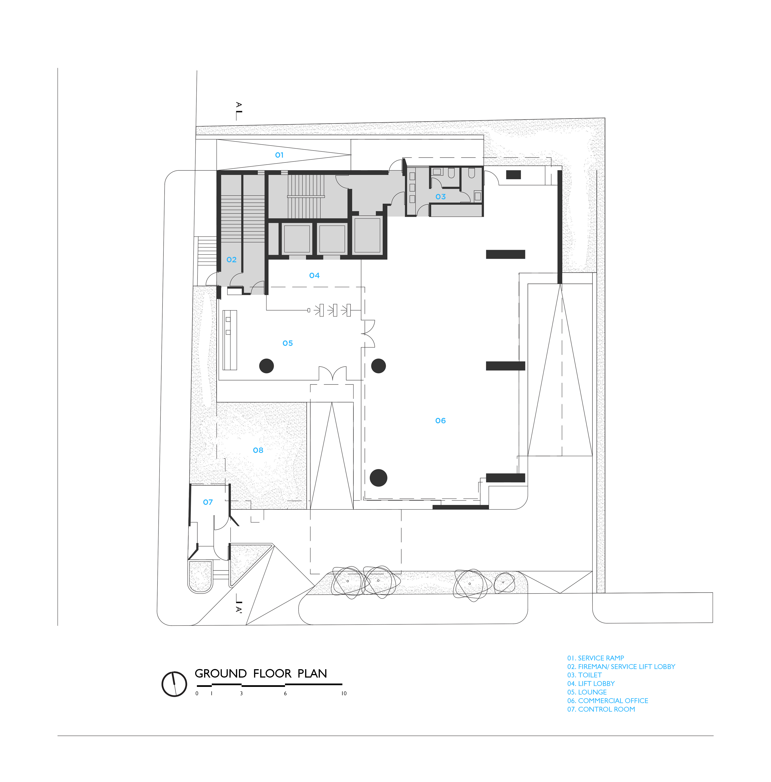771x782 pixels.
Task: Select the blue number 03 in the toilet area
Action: tap(441, 197)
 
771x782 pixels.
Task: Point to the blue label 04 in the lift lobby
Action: tap(314, 275)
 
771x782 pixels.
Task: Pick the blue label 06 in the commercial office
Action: tap(440, 421)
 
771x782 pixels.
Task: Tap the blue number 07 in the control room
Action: tap(208, 502)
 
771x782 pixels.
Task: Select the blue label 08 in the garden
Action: tap(258, 450)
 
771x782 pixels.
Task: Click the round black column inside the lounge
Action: tap(266, 366)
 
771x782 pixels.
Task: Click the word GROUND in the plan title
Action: tap(221, 674)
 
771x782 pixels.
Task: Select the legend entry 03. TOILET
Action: tap(584, 675)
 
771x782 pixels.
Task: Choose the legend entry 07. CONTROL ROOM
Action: tap(601, 709)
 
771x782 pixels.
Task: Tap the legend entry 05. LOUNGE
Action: tap(587, 692)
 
